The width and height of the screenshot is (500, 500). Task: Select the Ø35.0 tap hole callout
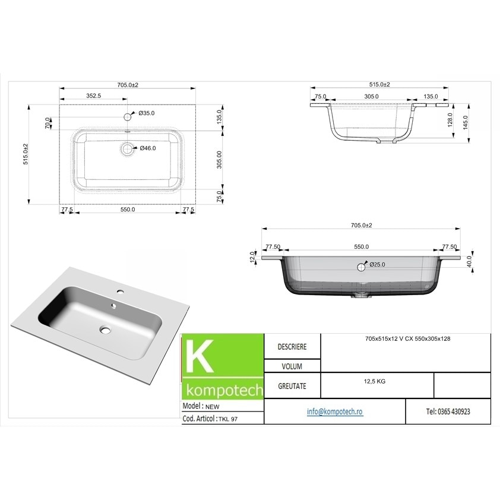coord(146,113)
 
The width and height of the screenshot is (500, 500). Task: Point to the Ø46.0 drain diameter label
coord(147,148)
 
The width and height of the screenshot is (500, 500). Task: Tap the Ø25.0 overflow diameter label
coord(379,265)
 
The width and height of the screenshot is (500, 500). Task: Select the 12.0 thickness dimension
coord(252,257)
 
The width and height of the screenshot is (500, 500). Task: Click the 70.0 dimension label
coord(48,124)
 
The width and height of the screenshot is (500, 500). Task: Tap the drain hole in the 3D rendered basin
coord(106,329)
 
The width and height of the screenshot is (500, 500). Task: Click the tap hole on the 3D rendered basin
coord(120,292)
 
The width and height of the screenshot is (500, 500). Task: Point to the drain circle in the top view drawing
coord(127,148)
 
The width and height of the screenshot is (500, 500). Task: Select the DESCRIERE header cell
coord(292,346)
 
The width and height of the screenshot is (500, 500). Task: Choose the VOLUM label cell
coord(292,366)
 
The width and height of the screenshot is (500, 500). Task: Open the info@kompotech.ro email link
coord(334,412)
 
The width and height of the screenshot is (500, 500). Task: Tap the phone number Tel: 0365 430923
coord(448,412)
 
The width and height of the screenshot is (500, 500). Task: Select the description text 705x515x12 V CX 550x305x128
coord(404,338)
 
